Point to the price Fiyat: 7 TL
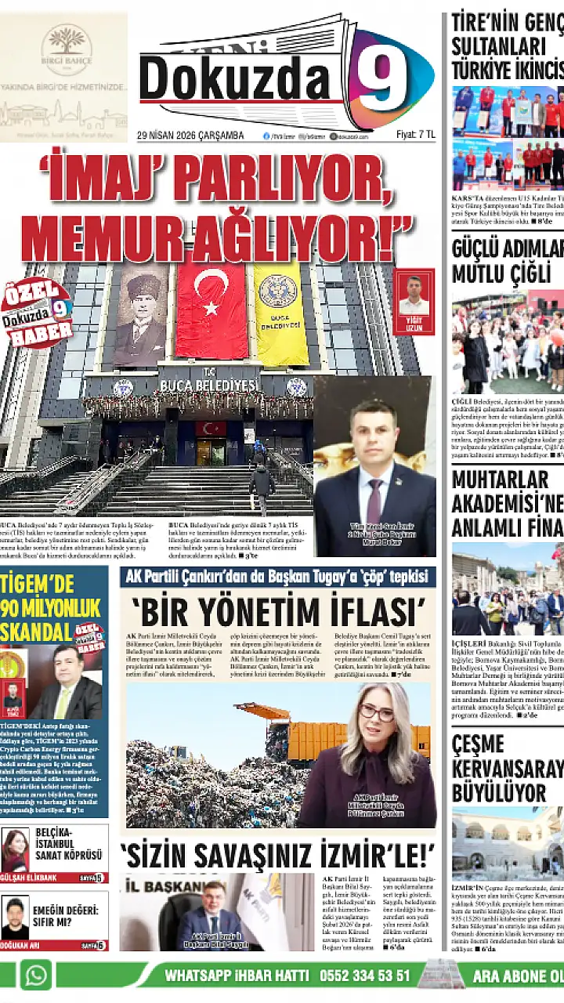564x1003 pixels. coord(415,135)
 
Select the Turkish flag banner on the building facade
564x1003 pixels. coord(211,310)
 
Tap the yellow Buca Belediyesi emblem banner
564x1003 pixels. coord(280,313)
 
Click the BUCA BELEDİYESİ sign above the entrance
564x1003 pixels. coord(208,385)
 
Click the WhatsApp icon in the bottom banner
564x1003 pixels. coord(35,976)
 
